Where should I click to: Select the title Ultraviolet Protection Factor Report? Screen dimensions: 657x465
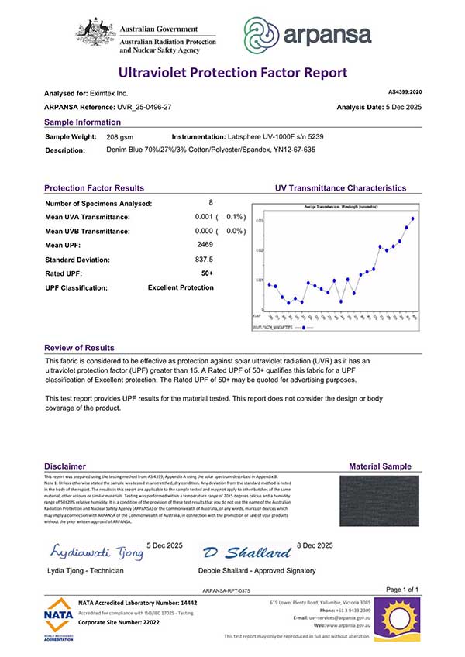point(232,73)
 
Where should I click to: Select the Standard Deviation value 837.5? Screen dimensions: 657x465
point(204,260)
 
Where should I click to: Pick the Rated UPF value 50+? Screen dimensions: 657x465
point(207,273)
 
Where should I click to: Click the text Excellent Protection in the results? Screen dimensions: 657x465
point(181,287)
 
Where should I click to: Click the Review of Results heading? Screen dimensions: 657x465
point(79,348)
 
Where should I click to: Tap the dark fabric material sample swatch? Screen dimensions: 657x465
point(379,500)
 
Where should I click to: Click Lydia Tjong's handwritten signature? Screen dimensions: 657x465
point(97,552)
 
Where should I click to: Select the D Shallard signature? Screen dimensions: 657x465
point(247,552)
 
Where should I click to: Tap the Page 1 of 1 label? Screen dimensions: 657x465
point(401,590)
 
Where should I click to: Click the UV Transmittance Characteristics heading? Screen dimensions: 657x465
point(340,188)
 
